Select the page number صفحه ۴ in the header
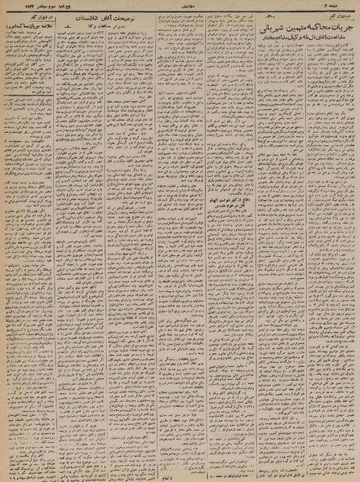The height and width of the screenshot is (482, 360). pyautogui.click(x=346, y=6)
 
